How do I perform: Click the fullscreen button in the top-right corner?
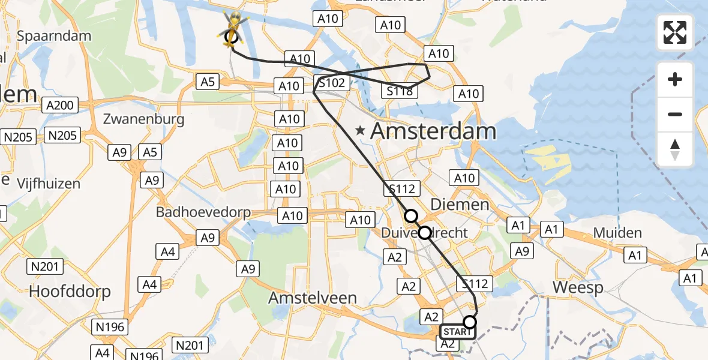675,32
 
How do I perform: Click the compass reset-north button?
675,149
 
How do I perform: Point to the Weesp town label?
578,287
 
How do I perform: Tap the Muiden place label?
617,233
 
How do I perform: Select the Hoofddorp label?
70,292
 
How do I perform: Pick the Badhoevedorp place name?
203,212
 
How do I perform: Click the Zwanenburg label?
143,119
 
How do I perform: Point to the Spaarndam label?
54,35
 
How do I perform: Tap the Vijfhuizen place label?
49,183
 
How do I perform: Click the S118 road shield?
400,91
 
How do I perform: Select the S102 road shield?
332,83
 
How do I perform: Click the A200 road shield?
59,106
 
